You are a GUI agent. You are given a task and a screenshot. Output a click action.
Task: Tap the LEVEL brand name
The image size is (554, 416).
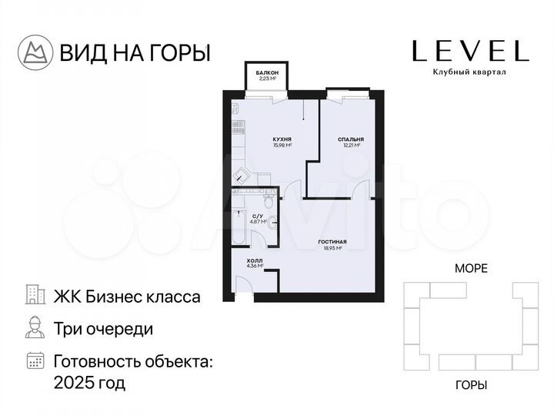[x=470, y=51]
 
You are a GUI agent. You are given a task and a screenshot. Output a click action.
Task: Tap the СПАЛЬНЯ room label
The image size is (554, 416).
[x=350, y=139]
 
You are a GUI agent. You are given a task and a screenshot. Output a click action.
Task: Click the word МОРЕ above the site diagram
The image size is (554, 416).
[x=471, y=268]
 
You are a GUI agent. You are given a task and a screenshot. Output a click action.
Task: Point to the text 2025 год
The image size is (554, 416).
[x=88, y=382]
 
